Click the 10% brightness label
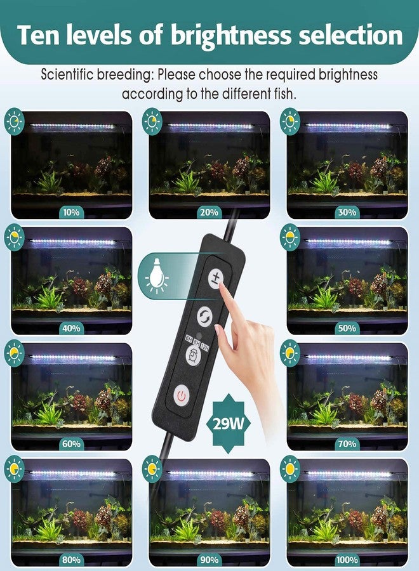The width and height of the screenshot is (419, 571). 71,212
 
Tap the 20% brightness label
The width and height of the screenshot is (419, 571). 209,212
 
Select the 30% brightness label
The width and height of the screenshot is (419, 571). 347,212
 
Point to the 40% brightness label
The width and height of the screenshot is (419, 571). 71,328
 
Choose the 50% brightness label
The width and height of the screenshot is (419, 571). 347,328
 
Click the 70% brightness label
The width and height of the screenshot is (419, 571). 347,444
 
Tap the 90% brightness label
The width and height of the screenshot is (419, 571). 209,560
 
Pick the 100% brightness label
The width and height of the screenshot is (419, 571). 347,560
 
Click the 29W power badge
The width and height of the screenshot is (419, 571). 230,423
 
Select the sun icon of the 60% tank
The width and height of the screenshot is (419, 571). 14,353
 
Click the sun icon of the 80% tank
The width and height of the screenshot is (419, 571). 14,469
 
